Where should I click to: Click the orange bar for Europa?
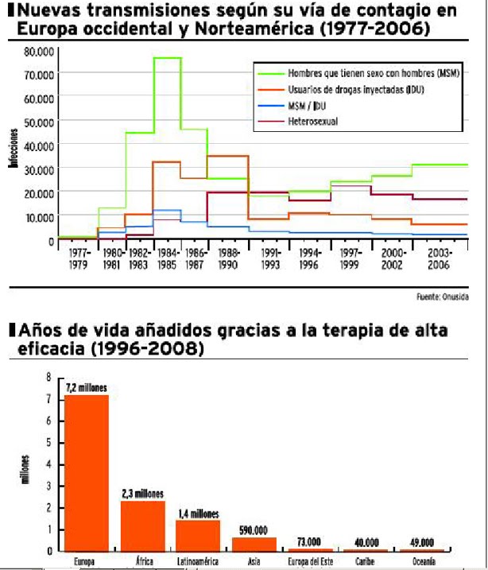coord(86,472)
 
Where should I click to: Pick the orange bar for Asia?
coord(254,543)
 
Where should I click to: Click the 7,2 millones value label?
coord(87,388)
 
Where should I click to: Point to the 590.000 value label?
coord(254,529)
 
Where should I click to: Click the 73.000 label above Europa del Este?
coord(310,541)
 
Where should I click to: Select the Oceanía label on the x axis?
coord(423,560)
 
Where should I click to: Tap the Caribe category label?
coord(366,560)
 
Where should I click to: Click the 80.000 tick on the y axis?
coord(37,51)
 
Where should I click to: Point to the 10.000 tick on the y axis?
coord(37,216)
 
